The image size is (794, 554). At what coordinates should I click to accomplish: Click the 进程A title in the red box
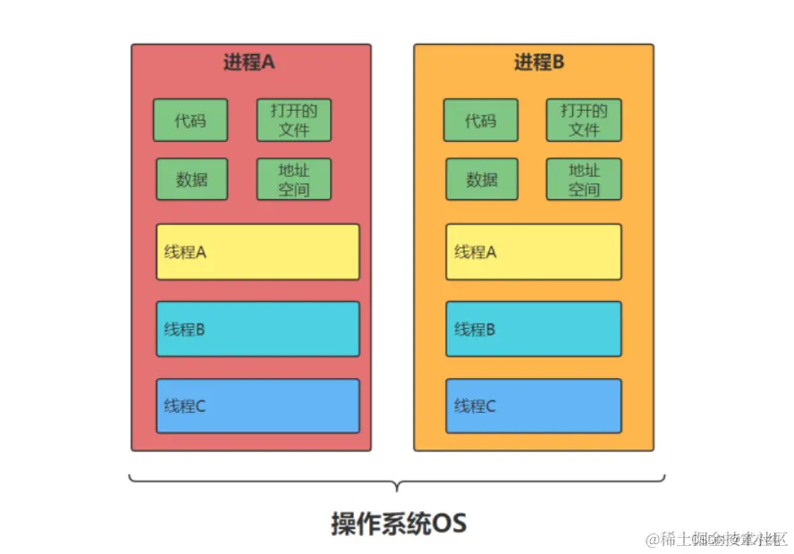pyautogui.click(x=249, y=63)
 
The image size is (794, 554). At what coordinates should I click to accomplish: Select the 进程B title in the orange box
pyautogui.click(x=539, y=63)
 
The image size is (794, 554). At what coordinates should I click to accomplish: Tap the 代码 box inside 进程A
pyautogui.click(x=190, y=120)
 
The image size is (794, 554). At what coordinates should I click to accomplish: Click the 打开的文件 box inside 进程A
pyautogui.click(x=294, y=120)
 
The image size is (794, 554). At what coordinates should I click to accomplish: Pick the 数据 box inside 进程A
pyautogui.click(x=191, y=179)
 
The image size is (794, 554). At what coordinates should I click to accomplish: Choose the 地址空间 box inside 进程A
pyautogui.click(x=294, y=179)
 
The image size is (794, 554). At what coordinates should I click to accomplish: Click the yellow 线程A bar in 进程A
pyautogui.click(x=258, y=252)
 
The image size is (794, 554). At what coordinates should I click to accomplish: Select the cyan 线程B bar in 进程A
pyautogui.click(x=258, y=329)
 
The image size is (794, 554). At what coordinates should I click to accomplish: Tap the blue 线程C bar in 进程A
pyautogui.click(x=258, y=406)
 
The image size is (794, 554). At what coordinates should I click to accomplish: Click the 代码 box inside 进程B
pyautogui.click(x=480, y=120)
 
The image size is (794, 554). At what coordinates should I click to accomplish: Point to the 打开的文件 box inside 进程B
pyautogui.click(x=584, y=120)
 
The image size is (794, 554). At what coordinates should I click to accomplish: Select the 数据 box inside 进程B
pyautogui.click(x=481, y=179)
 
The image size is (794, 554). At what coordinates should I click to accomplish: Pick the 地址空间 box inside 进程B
pyautogui.click(x=584, y=179)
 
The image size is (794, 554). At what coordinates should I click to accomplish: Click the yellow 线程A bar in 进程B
pyautogui.click(x=533, y=252)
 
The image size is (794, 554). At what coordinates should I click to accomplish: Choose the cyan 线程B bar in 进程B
pyautogui.click(x=533, y=329)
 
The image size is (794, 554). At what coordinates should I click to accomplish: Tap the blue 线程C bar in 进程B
pyautogui.click(x=533, y=406)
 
